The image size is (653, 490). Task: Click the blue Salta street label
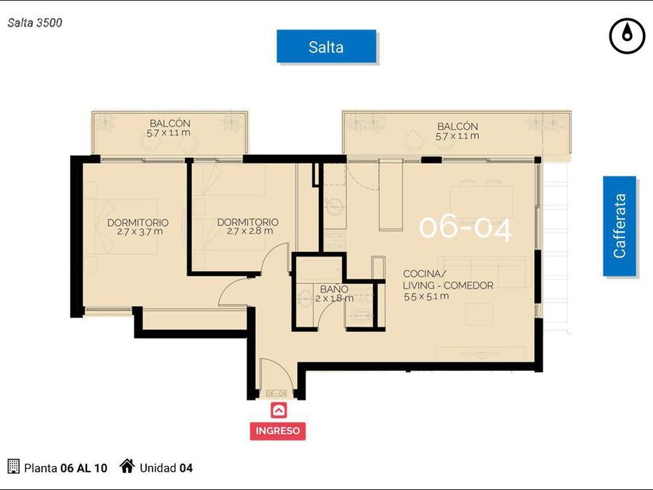(x=326, y=46)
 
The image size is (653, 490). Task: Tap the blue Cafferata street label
(x=620, y=226)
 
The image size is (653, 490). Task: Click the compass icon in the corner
(x=627, y=36)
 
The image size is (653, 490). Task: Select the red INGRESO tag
(x=278, y=431)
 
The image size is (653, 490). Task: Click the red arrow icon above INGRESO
(x=278, y=411)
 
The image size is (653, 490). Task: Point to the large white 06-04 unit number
(x=465, y=228)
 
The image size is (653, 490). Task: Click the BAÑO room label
(x=334, y=289)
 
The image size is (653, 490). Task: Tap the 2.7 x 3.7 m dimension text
(x=139, y=232)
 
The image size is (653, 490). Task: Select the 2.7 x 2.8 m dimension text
(x=250, y=231)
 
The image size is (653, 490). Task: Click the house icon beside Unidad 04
(x=127, y=466)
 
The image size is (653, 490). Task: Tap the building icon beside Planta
(x=14, y=466)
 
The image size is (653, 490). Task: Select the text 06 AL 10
(x=84, y=468)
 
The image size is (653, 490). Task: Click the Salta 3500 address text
(x=35, y=23)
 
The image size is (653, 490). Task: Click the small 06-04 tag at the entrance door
(x=276, y=394)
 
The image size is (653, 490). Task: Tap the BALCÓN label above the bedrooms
(x=170, y=124)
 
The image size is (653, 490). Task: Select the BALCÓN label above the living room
(x=457, y=126)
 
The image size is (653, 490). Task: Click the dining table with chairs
(x=481, y=201)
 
